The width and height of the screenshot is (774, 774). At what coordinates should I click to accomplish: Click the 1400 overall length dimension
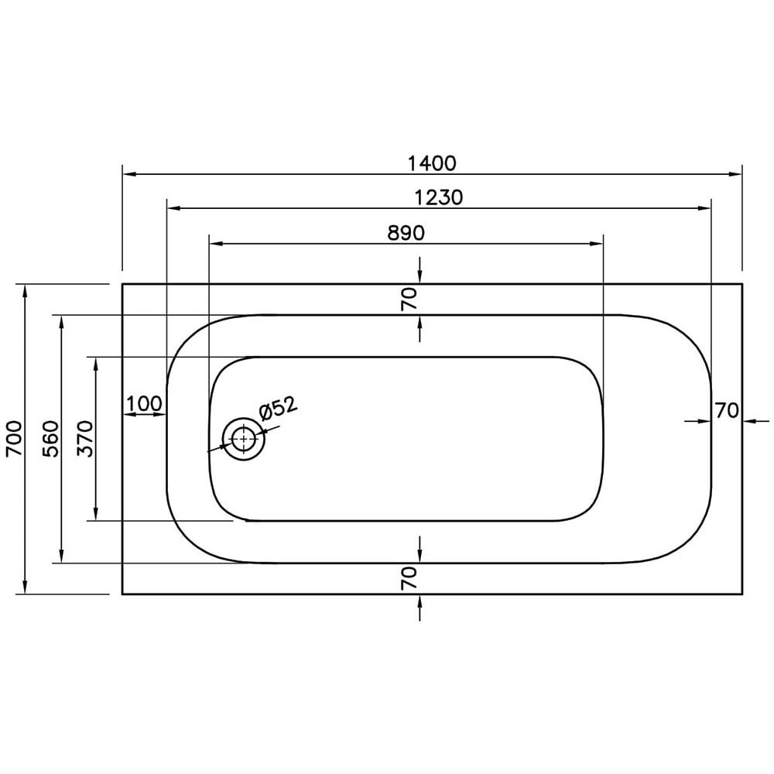coord(432,163)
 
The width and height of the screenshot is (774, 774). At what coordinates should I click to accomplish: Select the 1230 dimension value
coord(437,197)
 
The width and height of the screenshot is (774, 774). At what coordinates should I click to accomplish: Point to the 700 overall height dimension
coord(13,439)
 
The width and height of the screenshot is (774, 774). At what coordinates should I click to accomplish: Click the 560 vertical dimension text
coord(50,439)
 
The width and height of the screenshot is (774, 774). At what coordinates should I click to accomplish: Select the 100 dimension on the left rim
coord(144,403)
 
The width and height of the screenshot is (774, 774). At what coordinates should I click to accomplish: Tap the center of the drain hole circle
coord(244,439)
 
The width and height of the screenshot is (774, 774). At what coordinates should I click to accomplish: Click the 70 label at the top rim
coord(409,298)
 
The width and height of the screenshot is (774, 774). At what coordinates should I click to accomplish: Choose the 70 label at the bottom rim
coord(409,578)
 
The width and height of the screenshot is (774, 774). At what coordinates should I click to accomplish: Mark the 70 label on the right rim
coord(727,410)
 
